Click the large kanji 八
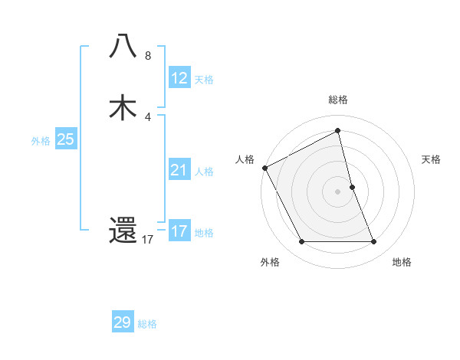pos(123,47)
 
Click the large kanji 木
pos(123,107)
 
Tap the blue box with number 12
pos(179,78)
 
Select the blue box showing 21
pos(179,170)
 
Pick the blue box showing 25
pos(65,139)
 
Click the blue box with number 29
pos(123,322)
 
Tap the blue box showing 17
pos(179,231)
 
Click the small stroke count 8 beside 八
pos(147,56)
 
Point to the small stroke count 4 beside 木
pos(148,117)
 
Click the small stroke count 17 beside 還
pos(148,240)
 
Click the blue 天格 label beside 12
pos(204,80)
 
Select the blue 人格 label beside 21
pos(204,172)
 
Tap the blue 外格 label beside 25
pos(41,141)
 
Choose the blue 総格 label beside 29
pos(147,324)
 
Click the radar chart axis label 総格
pos(338,100)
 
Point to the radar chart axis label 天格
pos(432,159)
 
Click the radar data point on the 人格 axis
pos(264,168)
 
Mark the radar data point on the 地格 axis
pos(374,242)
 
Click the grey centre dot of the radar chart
pos(338,191)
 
